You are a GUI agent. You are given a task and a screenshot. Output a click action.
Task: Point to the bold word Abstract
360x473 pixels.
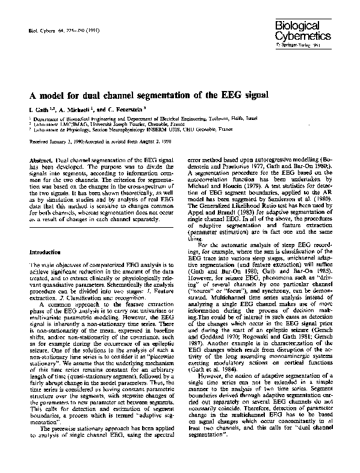40,158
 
